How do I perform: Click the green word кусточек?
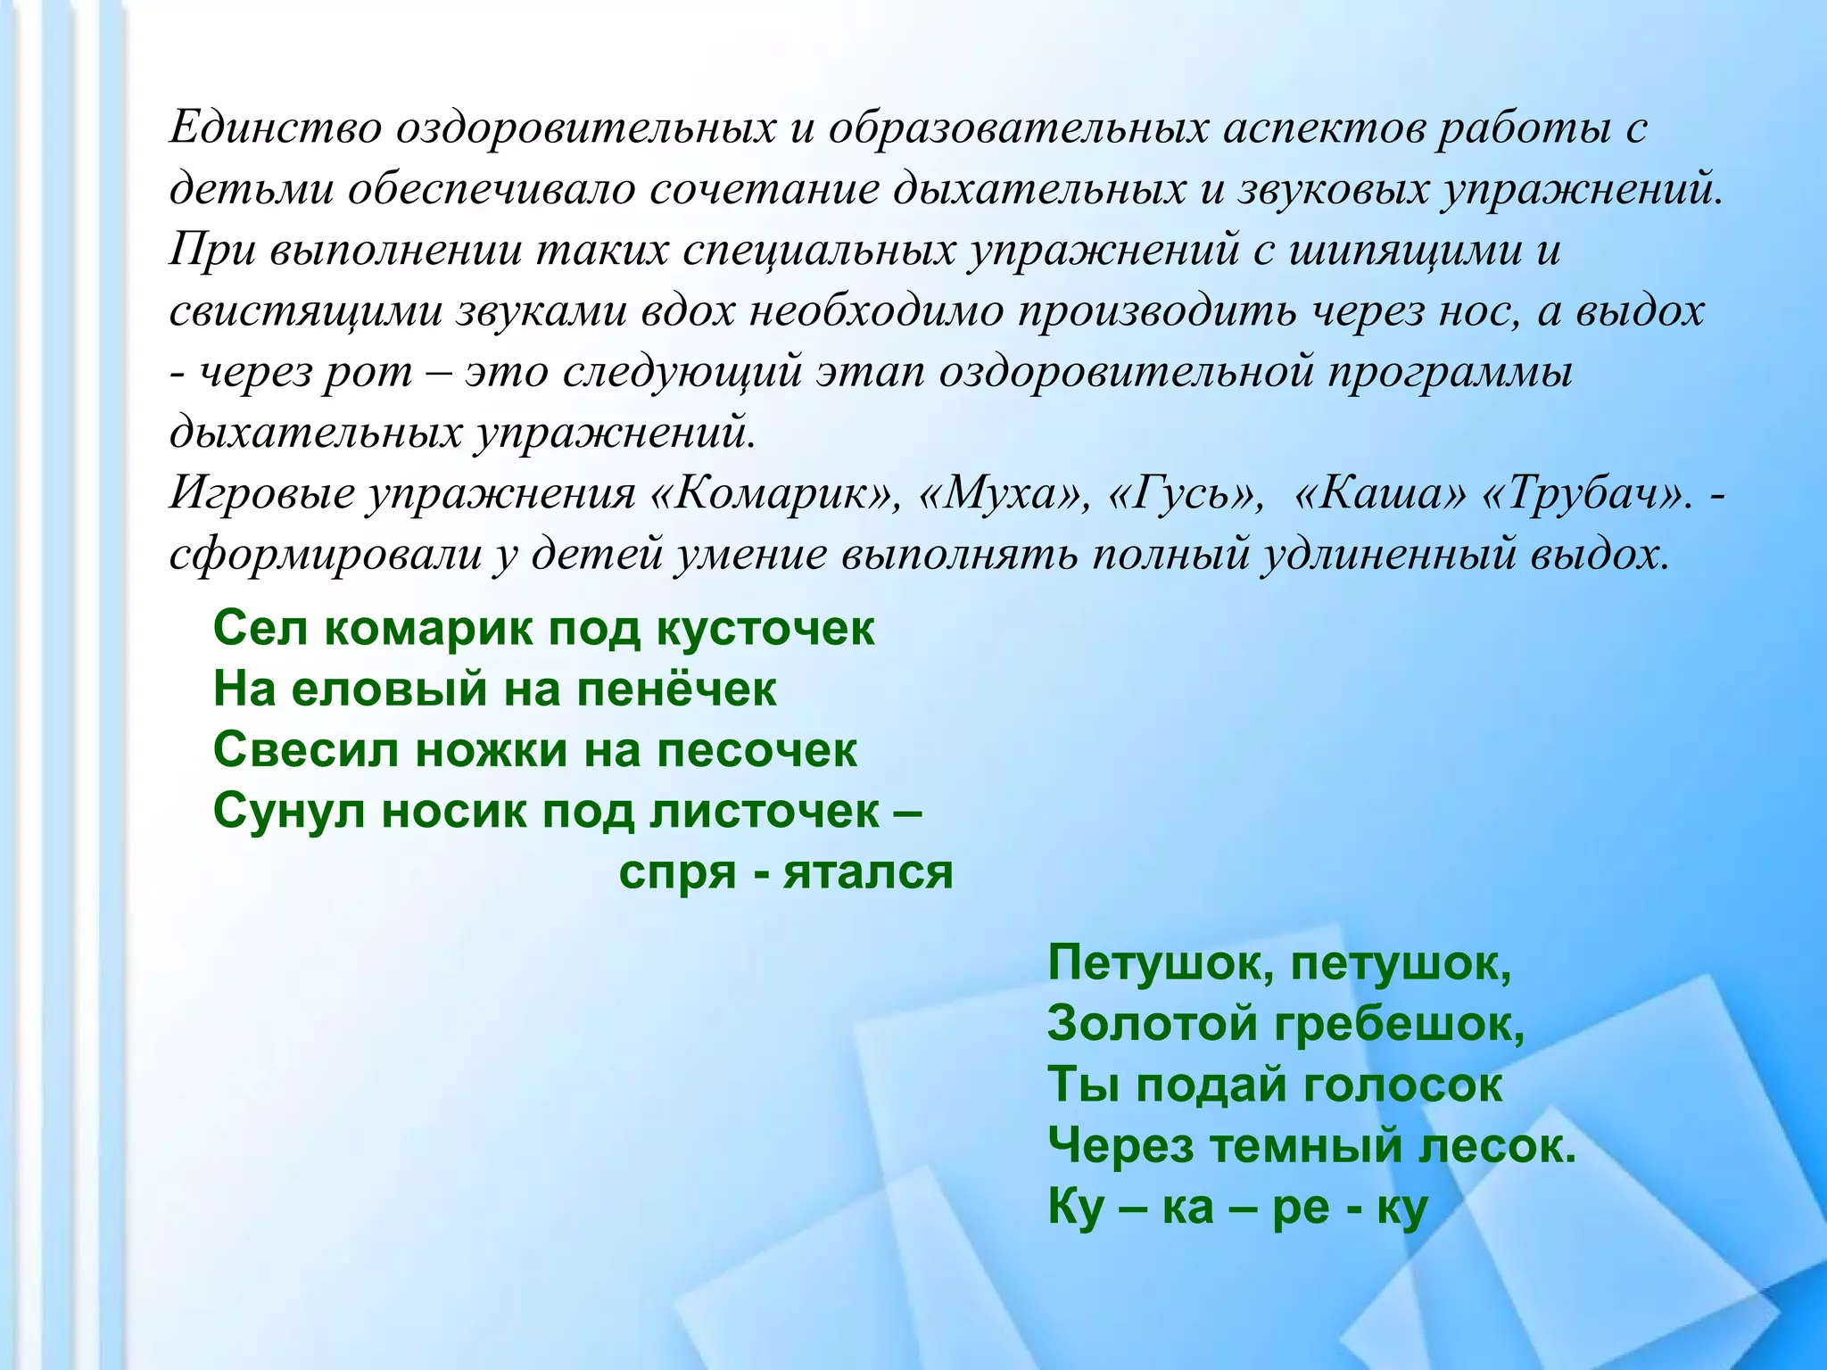point(765,630)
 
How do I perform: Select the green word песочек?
point(756,751)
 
